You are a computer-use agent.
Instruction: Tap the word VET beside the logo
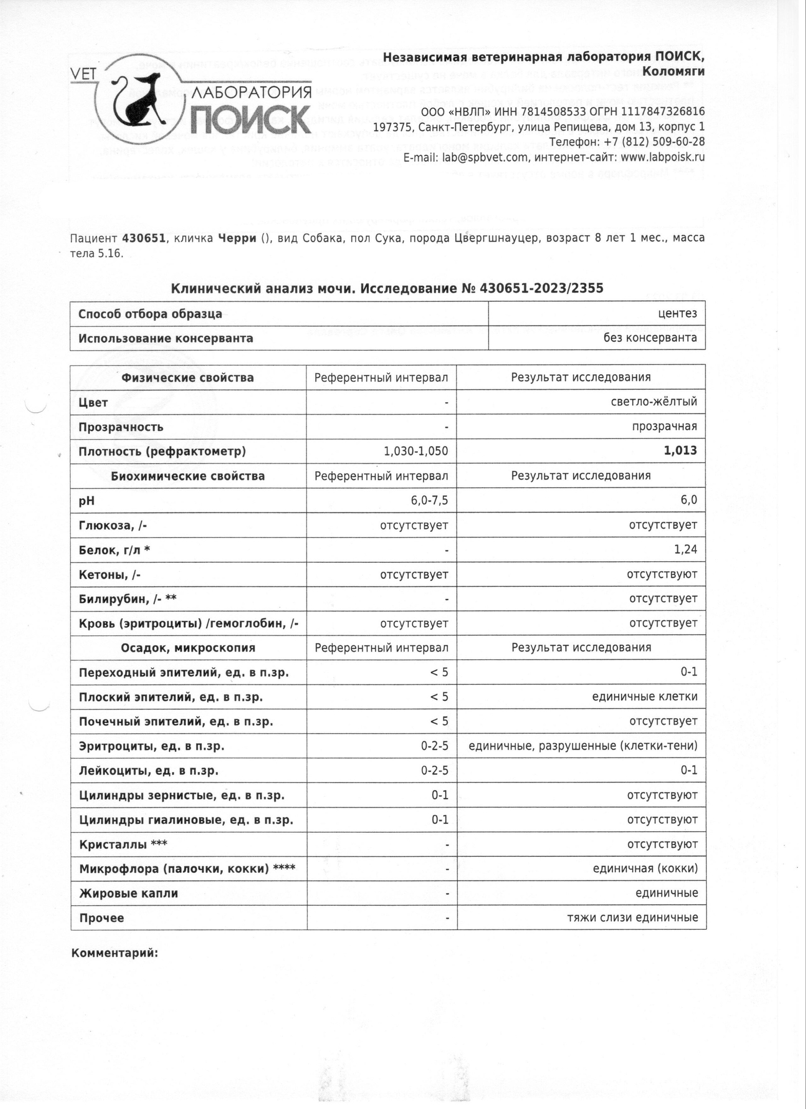[83, 74]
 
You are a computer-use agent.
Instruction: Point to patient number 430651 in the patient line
[143, 238]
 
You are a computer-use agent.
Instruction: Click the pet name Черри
[237, 238]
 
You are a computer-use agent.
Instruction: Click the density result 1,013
[680, 451]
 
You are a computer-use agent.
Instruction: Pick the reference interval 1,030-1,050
[415, 451]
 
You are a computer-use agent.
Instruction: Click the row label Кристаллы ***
[123, 844]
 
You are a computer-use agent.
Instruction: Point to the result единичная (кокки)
[645, 869]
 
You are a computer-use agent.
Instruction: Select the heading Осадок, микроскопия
[188, 648]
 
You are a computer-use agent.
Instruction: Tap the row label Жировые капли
[128, 893]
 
